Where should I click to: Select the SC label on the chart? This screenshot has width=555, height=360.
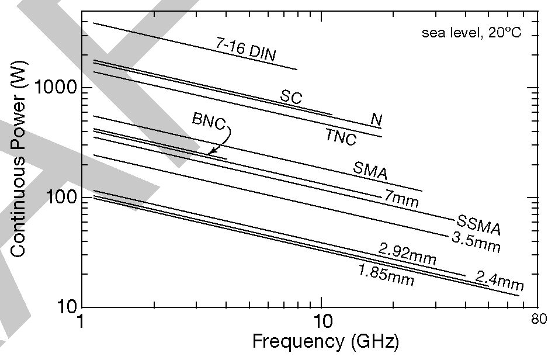[291, 97]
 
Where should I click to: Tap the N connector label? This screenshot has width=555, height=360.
[377, 120]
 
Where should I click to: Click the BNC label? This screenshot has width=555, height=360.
[209, 120]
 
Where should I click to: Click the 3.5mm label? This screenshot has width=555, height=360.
[476, 242]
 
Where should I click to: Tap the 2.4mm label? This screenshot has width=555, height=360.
[498, 281]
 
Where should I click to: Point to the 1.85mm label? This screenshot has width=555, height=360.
[386, 275]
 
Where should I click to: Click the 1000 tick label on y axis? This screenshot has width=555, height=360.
[57, 88]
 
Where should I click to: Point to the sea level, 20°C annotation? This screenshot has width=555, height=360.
[471, 33]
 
